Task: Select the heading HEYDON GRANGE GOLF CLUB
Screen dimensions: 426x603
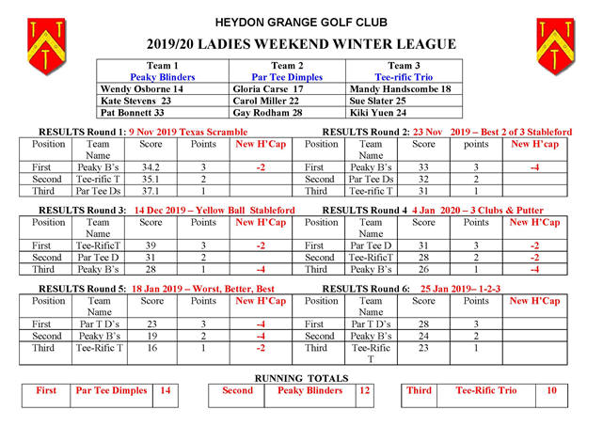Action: (300, 22)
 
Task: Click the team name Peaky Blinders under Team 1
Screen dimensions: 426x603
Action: (163, 77)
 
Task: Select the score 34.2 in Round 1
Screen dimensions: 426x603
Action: (151, 166)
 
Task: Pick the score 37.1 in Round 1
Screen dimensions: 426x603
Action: (151, 191)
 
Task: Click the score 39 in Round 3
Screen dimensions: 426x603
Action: (151, 245)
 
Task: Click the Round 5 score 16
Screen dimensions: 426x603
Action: (151, 346)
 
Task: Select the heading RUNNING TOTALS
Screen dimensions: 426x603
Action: (300, 378)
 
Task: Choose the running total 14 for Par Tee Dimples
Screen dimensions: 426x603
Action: (165, 391)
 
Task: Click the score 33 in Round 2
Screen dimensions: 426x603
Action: (423, 166)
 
